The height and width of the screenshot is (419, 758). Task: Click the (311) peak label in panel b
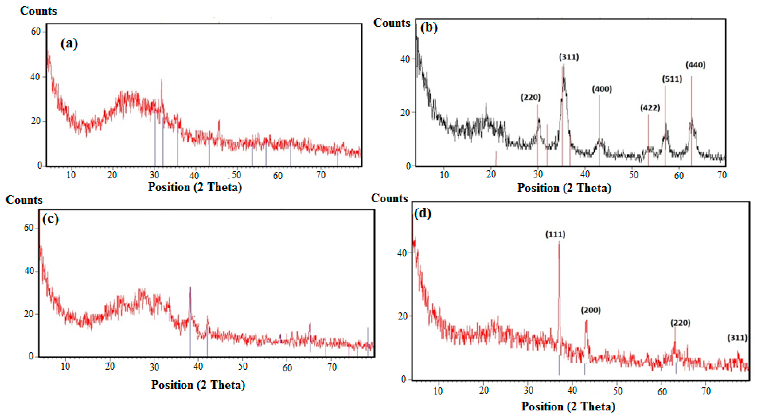(x=569, y=57)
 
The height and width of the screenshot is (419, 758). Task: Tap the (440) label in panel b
(x=695, y=65)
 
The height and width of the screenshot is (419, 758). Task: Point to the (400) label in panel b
(x=602, y=89)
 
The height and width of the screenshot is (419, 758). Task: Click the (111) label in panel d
(x=555, y=234)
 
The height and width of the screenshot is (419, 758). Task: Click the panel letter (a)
(x=69, y=44)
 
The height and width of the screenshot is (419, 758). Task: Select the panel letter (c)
(x=50, y=219)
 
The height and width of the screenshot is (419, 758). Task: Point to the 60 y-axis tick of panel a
(x=36, y=32)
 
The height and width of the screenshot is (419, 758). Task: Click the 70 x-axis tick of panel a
(x=321, y=175)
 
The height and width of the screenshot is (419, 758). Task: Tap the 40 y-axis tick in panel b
(x=405, y=59)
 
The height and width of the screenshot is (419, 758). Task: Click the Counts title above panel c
(x=24, y=200)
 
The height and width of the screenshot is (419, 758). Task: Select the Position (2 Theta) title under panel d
(x=568, y=406)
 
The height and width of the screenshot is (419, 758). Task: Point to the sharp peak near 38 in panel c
(x=190, y=288)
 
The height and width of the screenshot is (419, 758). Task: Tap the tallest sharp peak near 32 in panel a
(x=161, y=80)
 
